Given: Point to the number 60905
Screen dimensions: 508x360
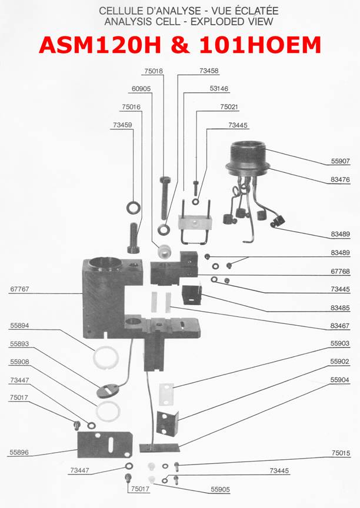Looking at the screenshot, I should (x=141, y=89).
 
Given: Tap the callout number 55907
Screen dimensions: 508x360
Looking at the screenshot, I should (x=340, y=162).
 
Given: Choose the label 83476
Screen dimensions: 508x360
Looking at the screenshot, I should (x=340, y=180).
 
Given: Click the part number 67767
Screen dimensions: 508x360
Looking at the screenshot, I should (x=20, y=289).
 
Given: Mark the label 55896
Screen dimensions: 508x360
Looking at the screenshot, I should (x=20, y=453).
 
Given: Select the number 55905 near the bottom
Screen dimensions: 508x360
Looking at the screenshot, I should (x=221, y=489).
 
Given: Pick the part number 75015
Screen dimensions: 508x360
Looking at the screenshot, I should (x=340, y=453).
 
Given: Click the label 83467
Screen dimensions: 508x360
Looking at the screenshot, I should (x=340, y=326).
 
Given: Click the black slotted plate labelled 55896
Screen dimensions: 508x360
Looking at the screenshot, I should (x=105, y=445).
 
